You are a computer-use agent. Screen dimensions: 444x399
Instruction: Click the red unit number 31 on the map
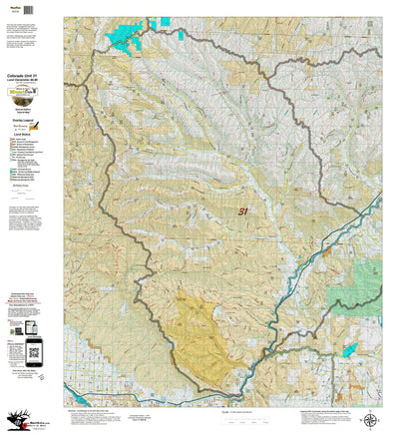point(243,211)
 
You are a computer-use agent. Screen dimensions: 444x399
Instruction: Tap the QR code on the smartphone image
point(35,349)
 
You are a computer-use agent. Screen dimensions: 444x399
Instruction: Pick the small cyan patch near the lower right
point(349,349)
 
